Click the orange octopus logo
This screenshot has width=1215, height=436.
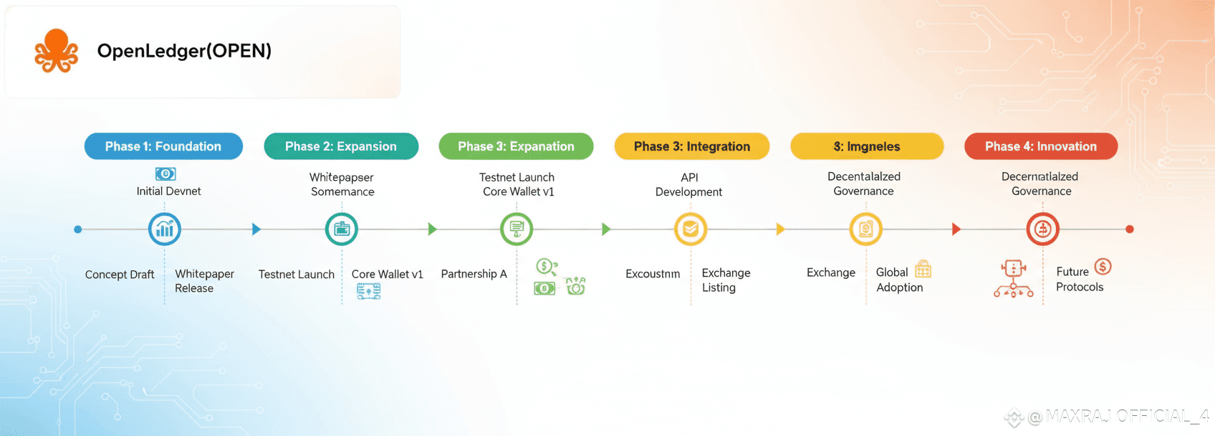[56, 51]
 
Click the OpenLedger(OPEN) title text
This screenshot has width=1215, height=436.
[184, 51]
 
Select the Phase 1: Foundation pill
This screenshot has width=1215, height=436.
[163, 146]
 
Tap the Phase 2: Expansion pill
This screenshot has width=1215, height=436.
[341, 146]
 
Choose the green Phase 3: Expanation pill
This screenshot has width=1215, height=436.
[516, 146]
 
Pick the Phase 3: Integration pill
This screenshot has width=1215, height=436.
[691, 146]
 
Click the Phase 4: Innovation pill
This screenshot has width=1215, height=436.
[1040, 146]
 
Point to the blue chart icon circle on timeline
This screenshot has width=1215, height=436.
[165, 229]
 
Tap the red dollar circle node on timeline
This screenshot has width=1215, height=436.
[1042, 229]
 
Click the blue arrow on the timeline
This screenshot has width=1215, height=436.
[256, 229]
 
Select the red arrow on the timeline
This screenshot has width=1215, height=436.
[956, 229]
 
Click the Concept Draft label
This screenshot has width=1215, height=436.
[120, 275]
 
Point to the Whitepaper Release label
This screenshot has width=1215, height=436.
[204, 281]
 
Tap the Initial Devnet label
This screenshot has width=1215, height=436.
[168, 191]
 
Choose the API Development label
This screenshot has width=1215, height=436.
[688, 184]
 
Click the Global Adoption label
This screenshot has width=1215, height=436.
[898, 280]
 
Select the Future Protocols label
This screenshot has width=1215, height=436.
[1079, 279]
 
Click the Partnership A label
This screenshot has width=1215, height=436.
[474, 274]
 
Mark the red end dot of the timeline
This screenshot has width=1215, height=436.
[1130, 229]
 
